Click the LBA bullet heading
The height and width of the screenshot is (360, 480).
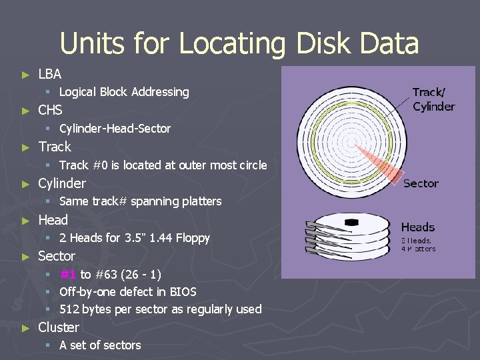click(x=50, y=73)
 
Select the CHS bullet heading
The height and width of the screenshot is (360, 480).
click(x=51, y=110)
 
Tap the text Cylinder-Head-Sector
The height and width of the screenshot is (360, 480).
click(x=115, y=128)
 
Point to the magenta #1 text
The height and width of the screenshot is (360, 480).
click(x=67, y=274)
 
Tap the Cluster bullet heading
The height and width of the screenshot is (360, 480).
click(x=59, y=327)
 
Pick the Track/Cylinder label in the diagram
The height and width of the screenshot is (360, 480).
click(x=433, y=99)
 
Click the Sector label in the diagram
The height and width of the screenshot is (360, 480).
click(x=421, y=183)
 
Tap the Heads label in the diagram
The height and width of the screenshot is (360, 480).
click(x=418, y=227)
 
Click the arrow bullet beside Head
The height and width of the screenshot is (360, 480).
click(x=25, y=220)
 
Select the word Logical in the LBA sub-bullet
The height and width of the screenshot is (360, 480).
click(x=78, y=92)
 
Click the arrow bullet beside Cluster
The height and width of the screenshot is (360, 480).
click(x=25, y=328)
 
